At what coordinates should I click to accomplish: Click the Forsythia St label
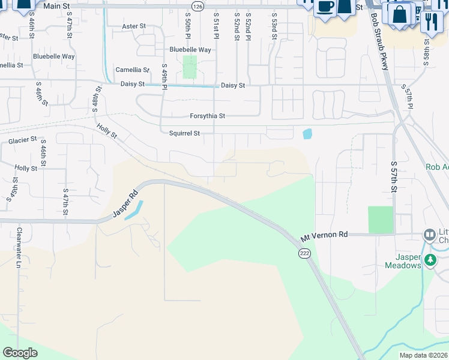tap(207, 116)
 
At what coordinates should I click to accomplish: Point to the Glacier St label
tap(23, 141)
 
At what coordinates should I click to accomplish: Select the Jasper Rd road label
tap(125, 205)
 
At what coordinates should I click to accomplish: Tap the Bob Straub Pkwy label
tap(381, 42)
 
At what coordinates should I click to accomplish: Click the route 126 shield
tap(198, 5)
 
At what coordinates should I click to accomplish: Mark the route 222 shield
tap(304, 254)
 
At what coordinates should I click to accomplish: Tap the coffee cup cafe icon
tap(325, 7)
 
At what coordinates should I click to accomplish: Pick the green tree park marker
tap(430, 260)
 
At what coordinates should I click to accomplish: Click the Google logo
tap(20, 353)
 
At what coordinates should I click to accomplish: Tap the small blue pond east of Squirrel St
tap(307, 134)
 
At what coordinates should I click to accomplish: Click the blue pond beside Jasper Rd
tap(134, 210)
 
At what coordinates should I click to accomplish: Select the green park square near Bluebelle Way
tap(190, 67)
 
